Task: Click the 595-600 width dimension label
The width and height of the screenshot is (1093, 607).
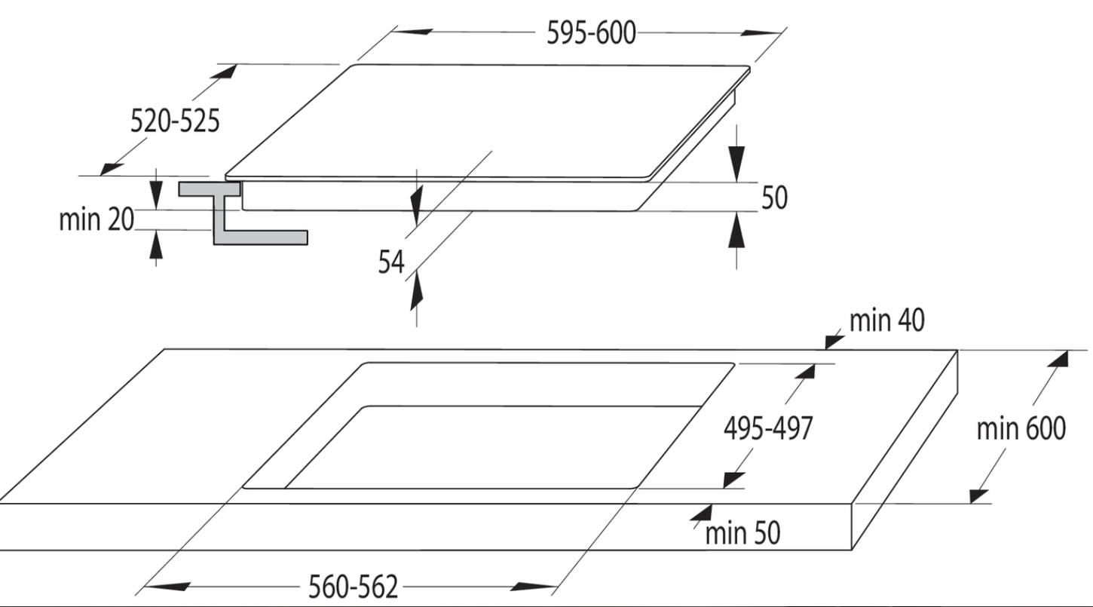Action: click(591, 33)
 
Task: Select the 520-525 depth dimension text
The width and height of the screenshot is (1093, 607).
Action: click(175, 121)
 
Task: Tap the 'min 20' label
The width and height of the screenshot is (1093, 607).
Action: click(96, 219)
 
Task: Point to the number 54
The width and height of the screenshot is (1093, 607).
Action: click(391, 262)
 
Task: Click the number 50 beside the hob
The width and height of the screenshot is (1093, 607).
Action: click(774, 197)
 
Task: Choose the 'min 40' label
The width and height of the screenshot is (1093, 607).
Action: click(886, 320)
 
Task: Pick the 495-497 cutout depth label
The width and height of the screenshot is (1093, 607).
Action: click(768, 428)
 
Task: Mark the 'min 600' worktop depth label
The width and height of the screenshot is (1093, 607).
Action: click(1021, 428)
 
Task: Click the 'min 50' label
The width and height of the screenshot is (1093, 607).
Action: click(742, 532)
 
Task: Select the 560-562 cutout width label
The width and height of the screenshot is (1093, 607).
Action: click(354, 586)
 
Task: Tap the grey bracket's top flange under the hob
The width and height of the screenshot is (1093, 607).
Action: click(210, 189)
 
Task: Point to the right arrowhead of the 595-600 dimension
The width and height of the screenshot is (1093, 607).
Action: click(761, 33)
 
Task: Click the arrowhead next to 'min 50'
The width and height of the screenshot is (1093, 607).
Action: click(702, 513)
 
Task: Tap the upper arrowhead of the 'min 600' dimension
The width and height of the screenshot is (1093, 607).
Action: click(1059, 359)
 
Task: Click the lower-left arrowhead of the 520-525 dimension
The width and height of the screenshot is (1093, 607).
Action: click(112, 169)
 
